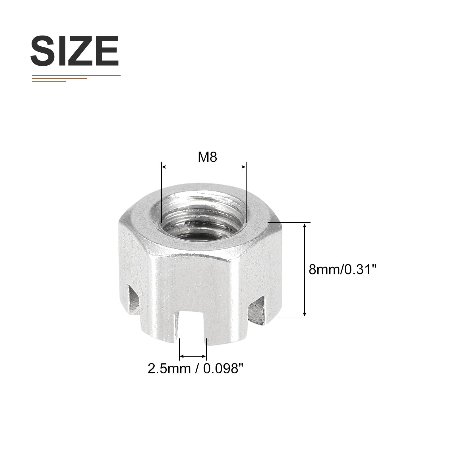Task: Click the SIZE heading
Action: coord(75,51)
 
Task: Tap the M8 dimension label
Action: coord(208,157)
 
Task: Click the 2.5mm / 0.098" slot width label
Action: coord(196,369)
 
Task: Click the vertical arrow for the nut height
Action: coord(305,269)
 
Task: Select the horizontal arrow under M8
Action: coord(204,167)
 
